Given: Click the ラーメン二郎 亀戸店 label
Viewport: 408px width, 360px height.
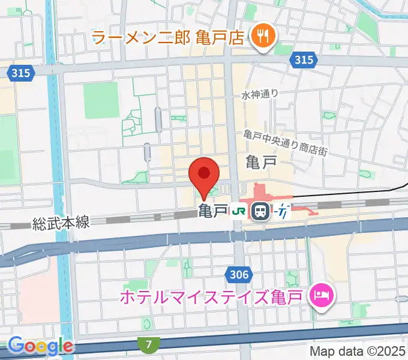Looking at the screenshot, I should tap(169, 38).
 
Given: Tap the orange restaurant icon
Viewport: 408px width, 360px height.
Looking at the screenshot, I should tap(262, 38).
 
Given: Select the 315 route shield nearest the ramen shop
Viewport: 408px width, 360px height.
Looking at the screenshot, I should tap(304, 59).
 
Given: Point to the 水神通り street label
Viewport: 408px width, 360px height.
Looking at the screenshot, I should tap(260, 94).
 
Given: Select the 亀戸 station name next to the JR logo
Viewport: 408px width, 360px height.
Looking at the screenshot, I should tap(213, 211).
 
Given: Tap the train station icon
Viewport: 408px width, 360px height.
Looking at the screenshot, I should tap(260, 211).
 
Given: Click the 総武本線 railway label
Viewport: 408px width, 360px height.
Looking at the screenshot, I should tap(61, 223).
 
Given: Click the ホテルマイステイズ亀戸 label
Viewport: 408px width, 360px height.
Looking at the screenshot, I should tap(212, 296).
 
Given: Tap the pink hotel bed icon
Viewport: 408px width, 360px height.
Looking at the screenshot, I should tap(320, 295).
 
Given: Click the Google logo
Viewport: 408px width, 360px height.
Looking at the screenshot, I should tap(40, 346).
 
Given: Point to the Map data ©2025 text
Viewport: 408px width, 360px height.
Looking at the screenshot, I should tap(358, 351).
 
